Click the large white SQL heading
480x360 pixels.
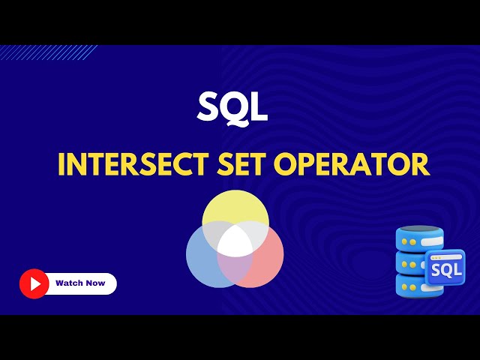(x=232, y=108)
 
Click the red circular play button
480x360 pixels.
(x=34, y=283)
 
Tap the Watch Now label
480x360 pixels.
(x=80, y=283)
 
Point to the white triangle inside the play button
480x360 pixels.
(x=34, y=283)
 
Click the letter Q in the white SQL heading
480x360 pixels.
(x=232, y=109)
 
